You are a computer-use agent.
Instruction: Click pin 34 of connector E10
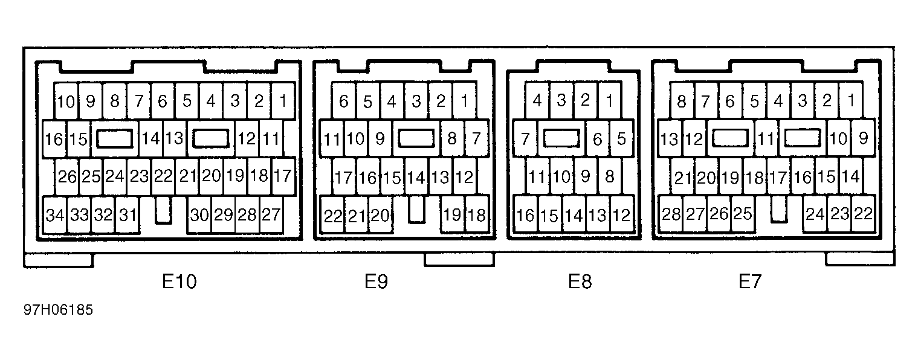55,214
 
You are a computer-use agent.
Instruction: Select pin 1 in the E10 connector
282,101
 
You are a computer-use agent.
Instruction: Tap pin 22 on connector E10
163,176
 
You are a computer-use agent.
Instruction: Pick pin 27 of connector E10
271,214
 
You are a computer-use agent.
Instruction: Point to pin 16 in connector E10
54,139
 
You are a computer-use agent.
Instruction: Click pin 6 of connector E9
343,101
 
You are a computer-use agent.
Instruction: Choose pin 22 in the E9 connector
332,216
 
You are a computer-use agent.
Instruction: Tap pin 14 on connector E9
416,178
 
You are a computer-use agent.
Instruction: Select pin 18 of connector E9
477,216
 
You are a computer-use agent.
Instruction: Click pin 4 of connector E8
537,101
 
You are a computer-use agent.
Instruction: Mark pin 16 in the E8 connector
526,216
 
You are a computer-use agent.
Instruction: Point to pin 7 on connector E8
525,140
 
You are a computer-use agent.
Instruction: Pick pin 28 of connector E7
671,214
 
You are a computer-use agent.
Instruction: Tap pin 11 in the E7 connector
766,140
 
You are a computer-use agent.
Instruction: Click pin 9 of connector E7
863,139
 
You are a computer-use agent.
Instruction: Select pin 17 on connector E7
778,178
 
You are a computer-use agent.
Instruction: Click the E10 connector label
179,281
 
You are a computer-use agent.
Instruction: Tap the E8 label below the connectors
580,281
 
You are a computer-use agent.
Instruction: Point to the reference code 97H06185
59,310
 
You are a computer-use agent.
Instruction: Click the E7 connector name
751,281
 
